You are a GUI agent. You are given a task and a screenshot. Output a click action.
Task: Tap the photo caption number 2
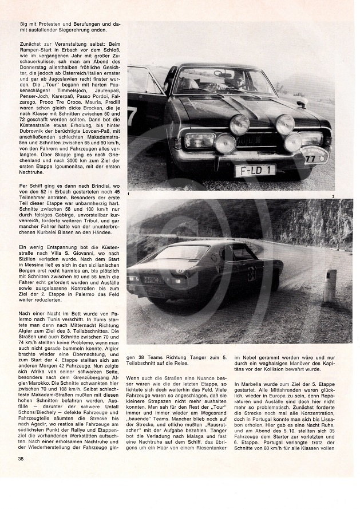point(349,196)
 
